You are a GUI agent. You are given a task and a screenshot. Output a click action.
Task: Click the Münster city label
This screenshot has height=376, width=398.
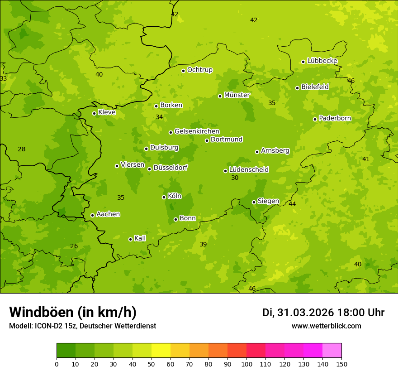tap(237, 95)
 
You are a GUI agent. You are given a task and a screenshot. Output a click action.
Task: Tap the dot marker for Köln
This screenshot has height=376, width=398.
tap(164, 197)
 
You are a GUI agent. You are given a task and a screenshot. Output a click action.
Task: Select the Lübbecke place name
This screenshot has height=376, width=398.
tap(322, 61)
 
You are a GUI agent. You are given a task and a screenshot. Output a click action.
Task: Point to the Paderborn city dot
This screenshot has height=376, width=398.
tap(315, 119)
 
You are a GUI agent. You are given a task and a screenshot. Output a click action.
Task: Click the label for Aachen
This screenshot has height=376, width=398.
tap(108, 214)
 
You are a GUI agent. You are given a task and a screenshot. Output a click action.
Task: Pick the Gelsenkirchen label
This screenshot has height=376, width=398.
tap(197, 131)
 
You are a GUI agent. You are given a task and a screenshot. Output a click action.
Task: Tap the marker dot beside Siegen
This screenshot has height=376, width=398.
tap(254, 202)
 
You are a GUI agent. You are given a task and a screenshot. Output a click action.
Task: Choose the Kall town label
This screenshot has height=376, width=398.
tap(140, 238)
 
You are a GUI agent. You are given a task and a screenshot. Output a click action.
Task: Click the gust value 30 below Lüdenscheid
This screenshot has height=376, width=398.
tap(235, 178)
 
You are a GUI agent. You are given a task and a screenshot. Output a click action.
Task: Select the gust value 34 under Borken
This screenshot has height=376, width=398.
tap(159, 117)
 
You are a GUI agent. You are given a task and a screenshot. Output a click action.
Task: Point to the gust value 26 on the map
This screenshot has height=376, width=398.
tap(74, 246)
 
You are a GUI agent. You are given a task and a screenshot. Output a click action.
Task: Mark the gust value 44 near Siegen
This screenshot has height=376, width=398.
tap(292, 204)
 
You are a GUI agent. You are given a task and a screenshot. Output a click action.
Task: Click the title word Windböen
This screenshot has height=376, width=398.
tap(41, 312)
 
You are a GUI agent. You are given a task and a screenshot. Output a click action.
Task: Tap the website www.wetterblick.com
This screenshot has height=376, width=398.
tap(326, 326)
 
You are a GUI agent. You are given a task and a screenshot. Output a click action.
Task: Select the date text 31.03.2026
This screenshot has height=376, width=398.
tap(305, 313)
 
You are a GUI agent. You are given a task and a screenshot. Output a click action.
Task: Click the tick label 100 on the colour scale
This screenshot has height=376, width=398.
tap(246, 364)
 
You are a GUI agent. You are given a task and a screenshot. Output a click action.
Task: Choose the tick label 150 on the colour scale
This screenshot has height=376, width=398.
tap(341, 364)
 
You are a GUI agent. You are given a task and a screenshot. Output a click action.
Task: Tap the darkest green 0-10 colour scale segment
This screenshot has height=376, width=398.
tap(66, 351)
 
